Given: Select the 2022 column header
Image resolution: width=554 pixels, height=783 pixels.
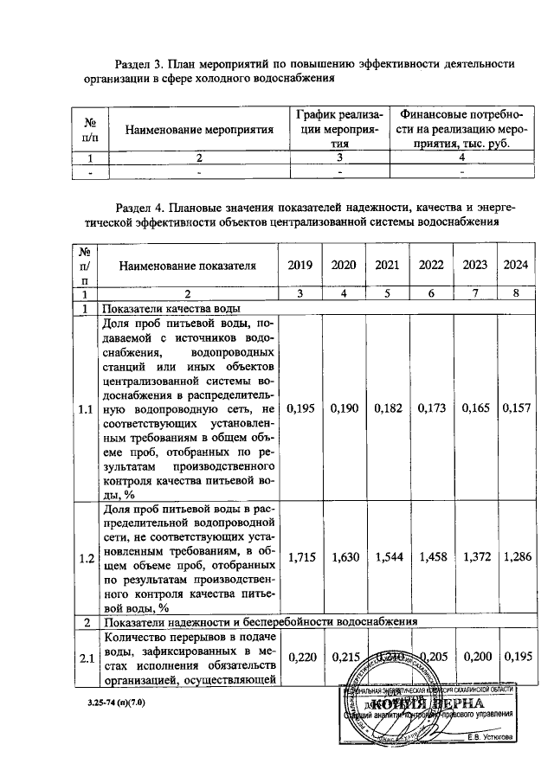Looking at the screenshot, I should [431, 266].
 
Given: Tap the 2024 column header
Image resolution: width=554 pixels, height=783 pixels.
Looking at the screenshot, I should [516, 266].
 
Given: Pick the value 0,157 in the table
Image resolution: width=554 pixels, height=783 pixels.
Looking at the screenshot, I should [516, 408].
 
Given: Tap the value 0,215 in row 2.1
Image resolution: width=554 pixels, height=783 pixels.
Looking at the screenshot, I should [344, 658].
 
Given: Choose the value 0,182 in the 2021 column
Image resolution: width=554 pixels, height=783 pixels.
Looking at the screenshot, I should [388, 408].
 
